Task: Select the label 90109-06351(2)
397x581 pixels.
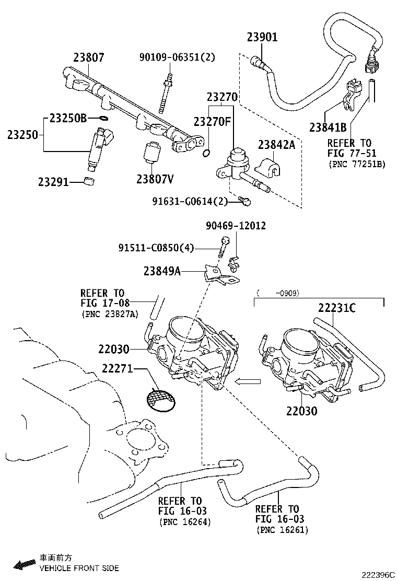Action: [x=177, y=57]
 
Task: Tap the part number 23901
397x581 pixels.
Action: [x=262, y=37]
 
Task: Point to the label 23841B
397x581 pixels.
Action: [x=328, y=127]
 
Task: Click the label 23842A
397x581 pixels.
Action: [x=276, y=145]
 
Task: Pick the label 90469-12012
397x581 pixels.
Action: [x=236, y=226]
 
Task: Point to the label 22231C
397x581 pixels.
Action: [x=337, y=308]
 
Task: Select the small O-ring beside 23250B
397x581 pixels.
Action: [x=103, y=118]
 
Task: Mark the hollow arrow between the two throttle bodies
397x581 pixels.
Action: [x=247, y=381]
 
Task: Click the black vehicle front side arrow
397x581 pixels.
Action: [x=25, y=564]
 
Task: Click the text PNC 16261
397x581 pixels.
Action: [x=282, y=530]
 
